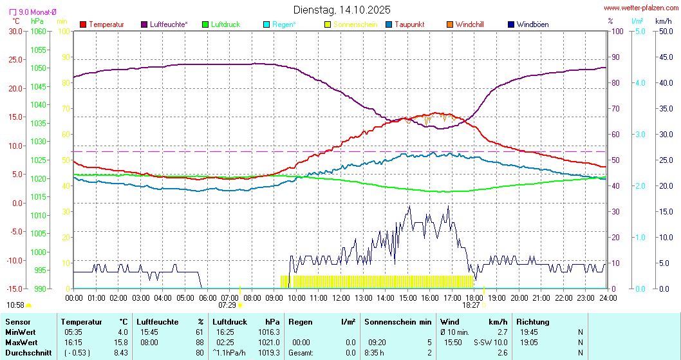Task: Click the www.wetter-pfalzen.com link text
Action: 641,8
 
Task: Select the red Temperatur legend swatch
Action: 83,24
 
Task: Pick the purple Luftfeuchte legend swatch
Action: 144,24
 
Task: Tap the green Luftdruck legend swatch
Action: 205,24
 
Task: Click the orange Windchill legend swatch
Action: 449,24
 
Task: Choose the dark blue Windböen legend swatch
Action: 510,24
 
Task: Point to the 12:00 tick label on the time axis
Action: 340,298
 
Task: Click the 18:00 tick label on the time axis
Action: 474,298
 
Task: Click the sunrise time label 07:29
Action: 227,305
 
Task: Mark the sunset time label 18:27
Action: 471,305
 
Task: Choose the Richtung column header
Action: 533,321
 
